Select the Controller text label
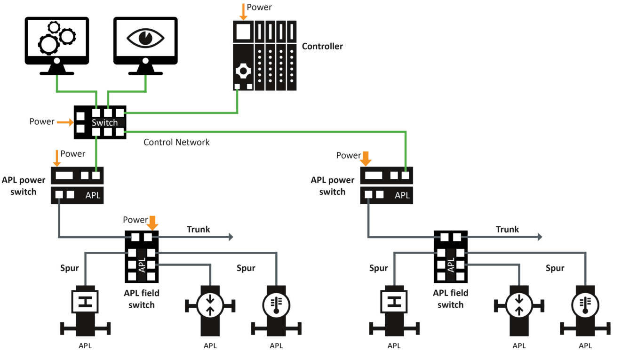coord(322,46)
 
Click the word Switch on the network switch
coord(104,122)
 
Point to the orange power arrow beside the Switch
coord(65,122)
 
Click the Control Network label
coord(176,142)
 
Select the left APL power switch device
coord(77,185)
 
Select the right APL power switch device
coord(386,185)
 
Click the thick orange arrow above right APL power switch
coord(366,158)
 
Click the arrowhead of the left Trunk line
coord(231,237)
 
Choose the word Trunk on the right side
coord(507,229)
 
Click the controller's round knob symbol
coord(243,71)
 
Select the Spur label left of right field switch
coord(378,268)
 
